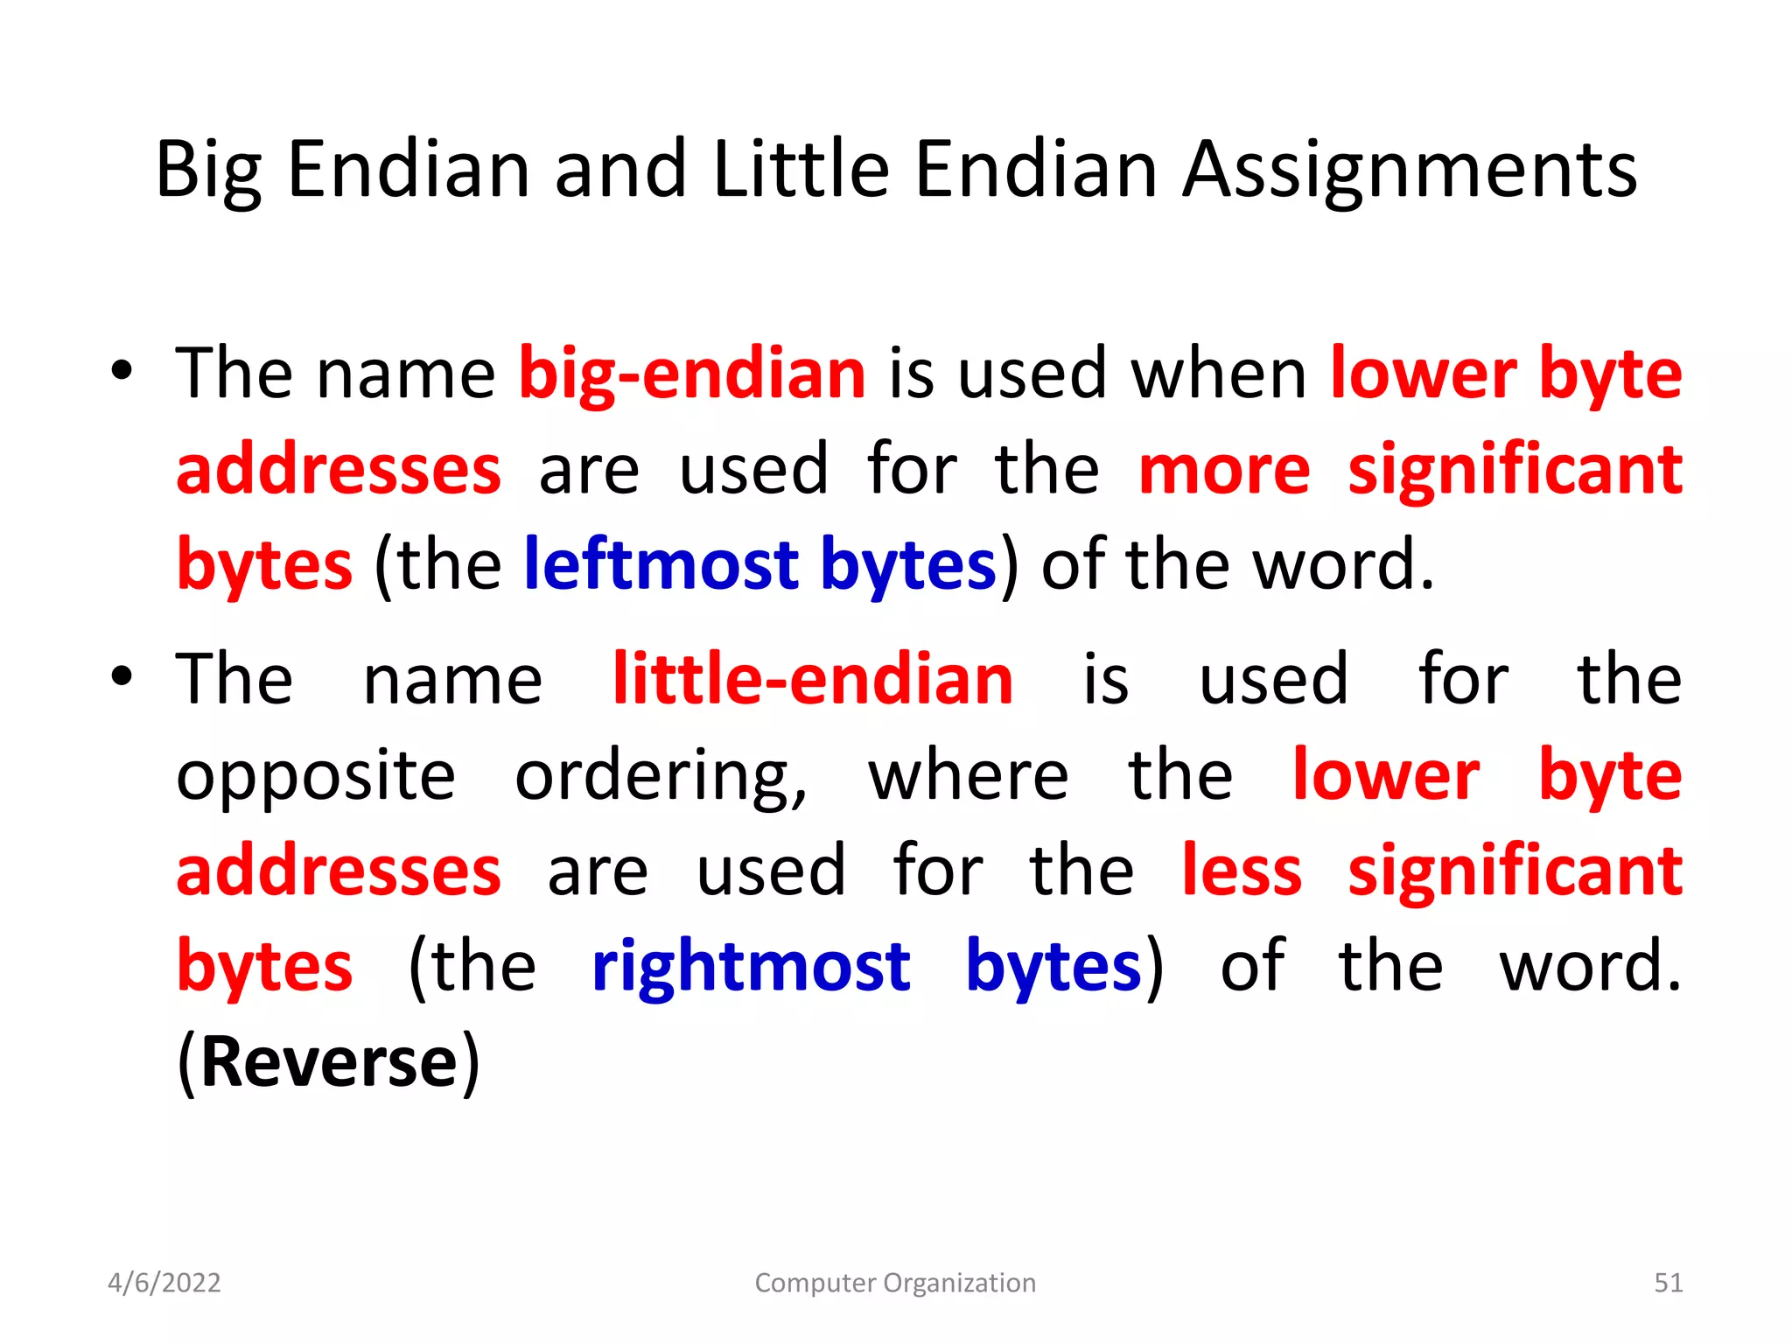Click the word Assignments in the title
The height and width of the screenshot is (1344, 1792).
pyautogui.click(x=1410, y=170)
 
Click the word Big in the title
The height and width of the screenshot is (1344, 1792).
pyautogui.click(x=208, y=170)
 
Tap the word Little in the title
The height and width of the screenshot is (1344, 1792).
pyautogui.click(x=801, y=170)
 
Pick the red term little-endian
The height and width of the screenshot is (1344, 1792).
pyautogui.click(x=813, y=680)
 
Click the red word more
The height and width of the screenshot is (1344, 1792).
pyautogui.click(x=1224, y=471)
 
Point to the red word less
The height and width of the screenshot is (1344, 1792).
pyautogui.click(x=1242, y=871)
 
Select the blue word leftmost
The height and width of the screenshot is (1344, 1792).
pyautogui.click(x=661, y=565)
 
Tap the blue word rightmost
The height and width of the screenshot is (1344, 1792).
pyautogui.click(x=751, y=967)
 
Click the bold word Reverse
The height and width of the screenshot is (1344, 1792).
pyautogui.click(x=329, y=1062)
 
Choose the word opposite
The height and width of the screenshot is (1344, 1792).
pyautogui.click(x=316, y=777)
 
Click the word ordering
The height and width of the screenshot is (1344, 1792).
pyautogui.click(x=661, y=777)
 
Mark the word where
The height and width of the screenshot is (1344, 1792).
pyautogui.click(x=969, y=777)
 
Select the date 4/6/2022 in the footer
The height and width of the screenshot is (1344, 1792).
pyautogui.click(x=164, y=1283)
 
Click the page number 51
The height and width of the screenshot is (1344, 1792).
pyautogui.click(x=1668, y=1283)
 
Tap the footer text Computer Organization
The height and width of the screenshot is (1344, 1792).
pyautogui.click(x=895, y=1283)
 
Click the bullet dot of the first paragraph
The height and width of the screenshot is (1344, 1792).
pyautogui.click(x=122, y=370)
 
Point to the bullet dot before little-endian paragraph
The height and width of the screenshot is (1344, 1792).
pyautogui.click(x=122, y=675)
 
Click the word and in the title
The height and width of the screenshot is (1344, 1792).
pyautogui.click(x=620, y=170)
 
